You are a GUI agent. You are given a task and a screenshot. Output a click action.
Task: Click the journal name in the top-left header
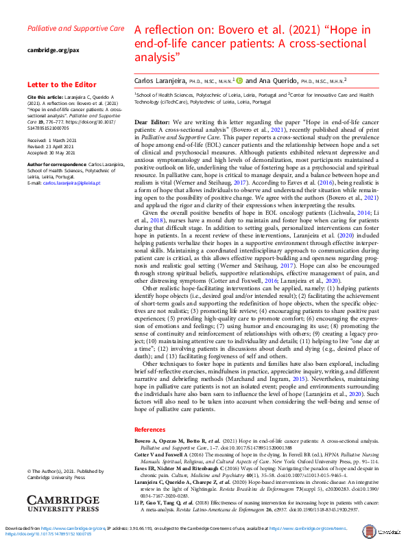click(x=75, y=30)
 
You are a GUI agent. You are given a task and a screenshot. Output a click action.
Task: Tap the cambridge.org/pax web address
click(x=51, y=51)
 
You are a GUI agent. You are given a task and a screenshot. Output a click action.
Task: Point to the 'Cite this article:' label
click(x=43, y=98)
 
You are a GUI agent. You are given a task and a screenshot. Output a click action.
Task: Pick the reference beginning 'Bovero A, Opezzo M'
click(x=264, y=443)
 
